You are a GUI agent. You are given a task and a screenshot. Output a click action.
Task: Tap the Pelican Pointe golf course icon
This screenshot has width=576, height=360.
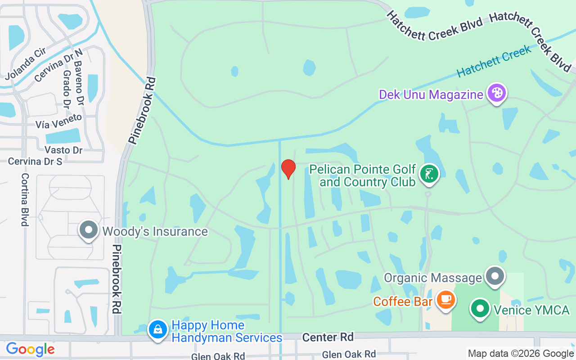430,174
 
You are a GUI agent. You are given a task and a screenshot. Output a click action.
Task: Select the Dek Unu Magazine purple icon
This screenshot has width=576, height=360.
497,93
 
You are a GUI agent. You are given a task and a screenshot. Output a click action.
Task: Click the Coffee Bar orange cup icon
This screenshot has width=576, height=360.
446,299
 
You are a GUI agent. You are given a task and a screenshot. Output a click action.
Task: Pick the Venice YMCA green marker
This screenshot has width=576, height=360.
480,309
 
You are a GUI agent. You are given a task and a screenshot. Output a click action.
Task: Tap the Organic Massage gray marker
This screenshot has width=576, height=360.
495,276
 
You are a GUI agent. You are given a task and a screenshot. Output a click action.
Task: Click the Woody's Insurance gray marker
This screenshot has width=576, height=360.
89,230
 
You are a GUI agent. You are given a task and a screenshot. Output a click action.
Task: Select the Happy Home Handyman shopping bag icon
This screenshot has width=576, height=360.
158,330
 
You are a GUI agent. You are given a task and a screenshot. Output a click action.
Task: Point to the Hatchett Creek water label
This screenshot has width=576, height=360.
494,61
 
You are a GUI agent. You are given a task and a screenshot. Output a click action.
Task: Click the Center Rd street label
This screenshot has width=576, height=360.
328,337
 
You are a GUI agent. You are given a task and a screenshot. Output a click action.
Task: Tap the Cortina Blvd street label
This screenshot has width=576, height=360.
25,199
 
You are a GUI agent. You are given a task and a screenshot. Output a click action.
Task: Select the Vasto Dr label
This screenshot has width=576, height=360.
63,150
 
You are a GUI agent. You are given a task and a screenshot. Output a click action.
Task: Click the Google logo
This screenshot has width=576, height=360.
30,349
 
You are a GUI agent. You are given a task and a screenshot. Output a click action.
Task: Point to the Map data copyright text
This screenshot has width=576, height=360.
521,354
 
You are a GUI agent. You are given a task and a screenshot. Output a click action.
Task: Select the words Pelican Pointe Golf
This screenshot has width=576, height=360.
363,170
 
